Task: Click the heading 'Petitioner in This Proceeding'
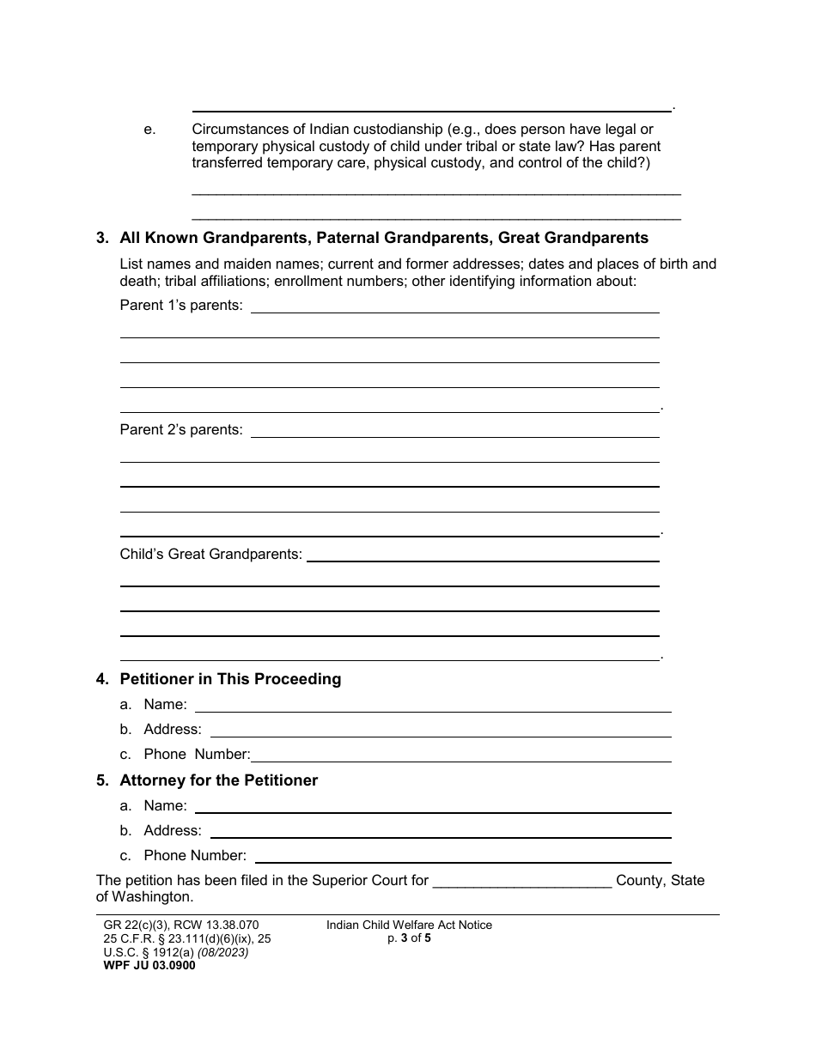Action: [x=230, y=679]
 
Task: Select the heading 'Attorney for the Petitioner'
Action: [x=218, y=780]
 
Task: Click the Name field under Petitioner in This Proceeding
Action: [x=433, y=706]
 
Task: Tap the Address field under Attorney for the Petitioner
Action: [x=440, y=831]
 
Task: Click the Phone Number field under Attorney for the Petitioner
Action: [x=463, y=856]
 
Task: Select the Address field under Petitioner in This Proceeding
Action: [x=440, y=730]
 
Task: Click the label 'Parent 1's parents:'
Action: [x=181, y=305]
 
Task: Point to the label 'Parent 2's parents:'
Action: [x=181, y=429]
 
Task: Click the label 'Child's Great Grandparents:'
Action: [x=210, y=554]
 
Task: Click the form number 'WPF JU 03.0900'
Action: [x=145, y=965]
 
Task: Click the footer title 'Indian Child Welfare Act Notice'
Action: [x=409, y=925]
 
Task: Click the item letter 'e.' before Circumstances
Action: [x=150, y=130]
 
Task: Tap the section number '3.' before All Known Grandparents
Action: [x=102, y=238]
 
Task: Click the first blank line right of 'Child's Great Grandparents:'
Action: [x=483, y=556]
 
